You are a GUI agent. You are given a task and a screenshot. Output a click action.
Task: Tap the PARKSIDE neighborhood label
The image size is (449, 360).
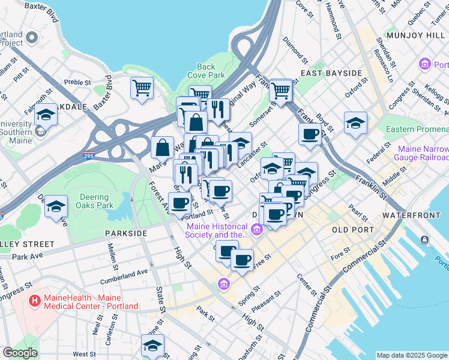pos(125,233)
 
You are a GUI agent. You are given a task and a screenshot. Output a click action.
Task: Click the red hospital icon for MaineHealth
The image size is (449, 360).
pos(35,299)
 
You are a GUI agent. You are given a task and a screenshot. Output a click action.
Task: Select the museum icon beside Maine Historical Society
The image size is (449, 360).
pos(257,229)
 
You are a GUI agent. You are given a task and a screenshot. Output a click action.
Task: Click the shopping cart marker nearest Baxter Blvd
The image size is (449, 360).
pos(142,88)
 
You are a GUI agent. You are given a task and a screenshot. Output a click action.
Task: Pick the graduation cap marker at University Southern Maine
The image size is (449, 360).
pos(46,113)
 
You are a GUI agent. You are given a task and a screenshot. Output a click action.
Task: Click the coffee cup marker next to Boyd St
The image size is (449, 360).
pos(310,134)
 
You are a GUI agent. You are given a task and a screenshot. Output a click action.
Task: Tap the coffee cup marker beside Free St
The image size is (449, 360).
pos(242,260)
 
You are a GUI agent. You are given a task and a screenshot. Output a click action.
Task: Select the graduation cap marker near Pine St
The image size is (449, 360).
pos(152,346)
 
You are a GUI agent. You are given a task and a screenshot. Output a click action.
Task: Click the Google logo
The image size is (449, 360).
pos(20,353)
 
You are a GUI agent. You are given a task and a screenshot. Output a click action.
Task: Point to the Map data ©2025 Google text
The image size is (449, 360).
pos(411,355)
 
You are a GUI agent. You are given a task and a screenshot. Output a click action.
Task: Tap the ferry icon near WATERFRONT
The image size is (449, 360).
pos(425,240)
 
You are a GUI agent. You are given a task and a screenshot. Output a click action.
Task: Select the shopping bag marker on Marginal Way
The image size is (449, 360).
pos(163,146)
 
